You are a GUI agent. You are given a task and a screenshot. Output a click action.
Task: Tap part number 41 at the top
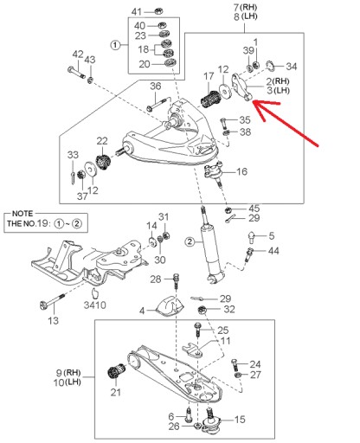point(135,11)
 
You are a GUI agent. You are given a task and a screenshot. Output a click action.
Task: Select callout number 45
point(254,209)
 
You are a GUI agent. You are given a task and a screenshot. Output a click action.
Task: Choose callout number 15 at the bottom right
point(240,420)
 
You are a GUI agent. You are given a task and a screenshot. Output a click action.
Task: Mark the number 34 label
point(291,67)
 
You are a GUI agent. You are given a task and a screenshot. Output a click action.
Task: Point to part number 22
point(101,141)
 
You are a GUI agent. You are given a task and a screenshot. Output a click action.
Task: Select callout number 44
point(273,251)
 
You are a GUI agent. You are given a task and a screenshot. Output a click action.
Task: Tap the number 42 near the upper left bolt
point(77,55)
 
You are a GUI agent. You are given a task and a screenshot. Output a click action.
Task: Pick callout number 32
point(228,309)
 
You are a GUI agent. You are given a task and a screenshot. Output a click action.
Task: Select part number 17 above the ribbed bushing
point(209,76)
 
